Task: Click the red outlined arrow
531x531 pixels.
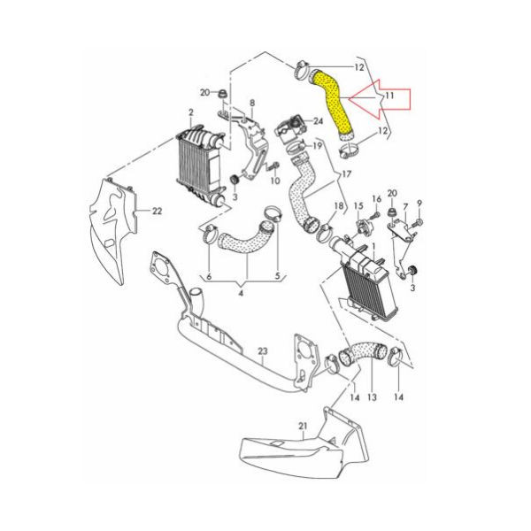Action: click(380, 99)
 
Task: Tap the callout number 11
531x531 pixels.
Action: click(389, 96)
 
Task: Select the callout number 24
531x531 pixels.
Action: click(318, 121)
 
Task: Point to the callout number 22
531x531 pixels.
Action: click(157, 211)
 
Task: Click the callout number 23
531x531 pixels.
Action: click(263, 351)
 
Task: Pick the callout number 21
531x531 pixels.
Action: click(303, 426)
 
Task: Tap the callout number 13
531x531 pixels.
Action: click(372, 396)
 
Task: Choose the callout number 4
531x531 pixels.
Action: click(241, 293)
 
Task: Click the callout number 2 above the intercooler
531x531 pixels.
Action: click(191, 112)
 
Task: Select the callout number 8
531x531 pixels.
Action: click(252, 103)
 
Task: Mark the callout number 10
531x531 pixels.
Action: click(275, 181)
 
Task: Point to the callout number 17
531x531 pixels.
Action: click(346, 174)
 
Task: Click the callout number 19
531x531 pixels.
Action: click(317, 146)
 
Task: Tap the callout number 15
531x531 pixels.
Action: click(358, 205)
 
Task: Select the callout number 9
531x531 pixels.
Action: click(419, 204)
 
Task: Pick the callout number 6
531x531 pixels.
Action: click(209, 276)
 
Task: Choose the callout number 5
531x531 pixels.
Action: click(278, 276)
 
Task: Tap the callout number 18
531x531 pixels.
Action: click(339, 205)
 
